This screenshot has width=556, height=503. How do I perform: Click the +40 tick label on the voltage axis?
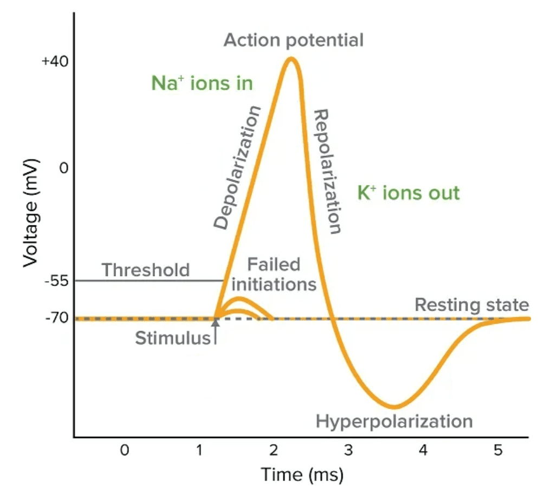coord(55,61)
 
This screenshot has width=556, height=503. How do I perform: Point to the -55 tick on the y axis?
coord(56,281)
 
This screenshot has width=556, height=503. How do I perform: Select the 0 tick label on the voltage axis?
coord(63,168)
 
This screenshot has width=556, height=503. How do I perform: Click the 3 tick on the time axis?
coord(348,450)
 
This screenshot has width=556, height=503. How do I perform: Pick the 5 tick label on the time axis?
coord(497,450)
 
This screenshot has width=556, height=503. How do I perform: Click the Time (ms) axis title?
coord(302,475)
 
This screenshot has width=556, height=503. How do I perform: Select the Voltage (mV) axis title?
coord(31,212)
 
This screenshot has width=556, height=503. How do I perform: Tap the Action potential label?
coord(293,40)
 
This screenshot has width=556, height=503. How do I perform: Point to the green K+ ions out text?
coord(408,193)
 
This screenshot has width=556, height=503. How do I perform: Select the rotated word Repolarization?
coord(329,171)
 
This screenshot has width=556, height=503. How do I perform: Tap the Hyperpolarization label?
coord(394,421)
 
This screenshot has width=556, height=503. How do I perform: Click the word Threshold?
coord(146,269)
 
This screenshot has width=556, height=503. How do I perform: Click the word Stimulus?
coord(172,338)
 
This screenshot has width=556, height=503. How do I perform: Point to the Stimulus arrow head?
coord(215,322)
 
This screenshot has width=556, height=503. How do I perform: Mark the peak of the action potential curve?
coord(292,58)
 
